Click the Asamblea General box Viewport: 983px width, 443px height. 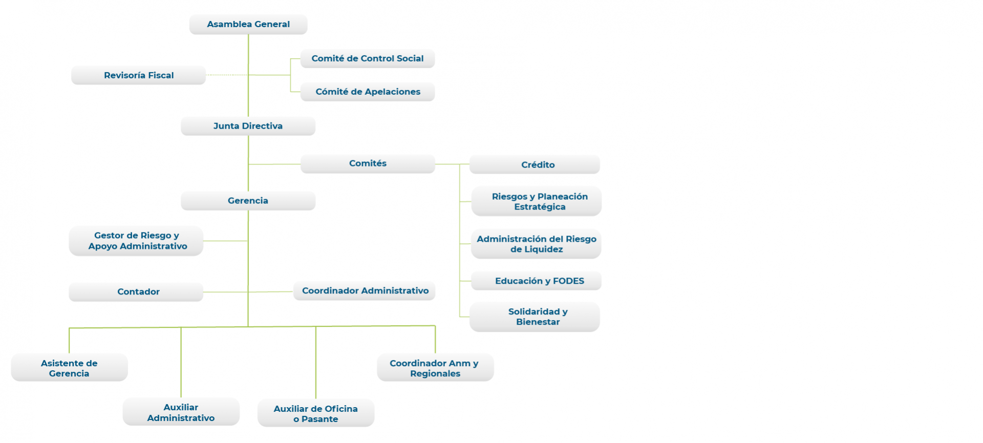point(248,24)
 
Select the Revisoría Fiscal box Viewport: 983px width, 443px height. point(138,75)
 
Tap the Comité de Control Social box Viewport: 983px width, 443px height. point(368,58)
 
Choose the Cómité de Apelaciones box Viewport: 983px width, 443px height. point(368,92)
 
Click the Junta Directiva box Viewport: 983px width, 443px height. point(248,126)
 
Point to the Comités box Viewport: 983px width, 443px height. point(368,164)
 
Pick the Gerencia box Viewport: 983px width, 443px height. point(248,201)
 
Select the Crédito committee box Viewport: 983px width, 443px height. point(535,164)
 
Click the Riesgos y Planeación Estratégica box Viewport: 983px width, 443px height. point(537,201)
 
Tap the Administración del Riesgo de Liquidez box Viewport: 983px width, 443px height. point(536,244)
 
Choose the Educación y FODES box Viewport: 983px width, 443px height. point(536,281)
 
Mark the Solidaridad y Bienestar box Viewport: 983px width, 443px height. point(535,317)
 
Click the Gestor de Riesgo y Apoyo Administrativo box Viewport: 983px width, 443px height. point(136,241)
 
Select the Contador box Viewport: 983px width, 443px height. point(136,292)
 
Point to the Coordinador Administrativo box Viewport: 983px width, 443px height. point(365,291)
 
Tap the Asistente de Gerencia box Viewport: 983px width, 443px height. point(69,368)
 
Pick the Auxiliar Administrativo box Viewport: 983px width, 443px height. point(181,412)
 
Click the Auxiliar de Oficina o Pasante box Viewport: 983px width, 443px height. point(316,413)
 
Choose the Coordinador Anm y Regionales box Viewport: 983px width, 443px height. point(435,368)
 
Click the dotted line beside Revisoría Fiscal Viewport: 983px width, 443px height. point(227,75)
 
